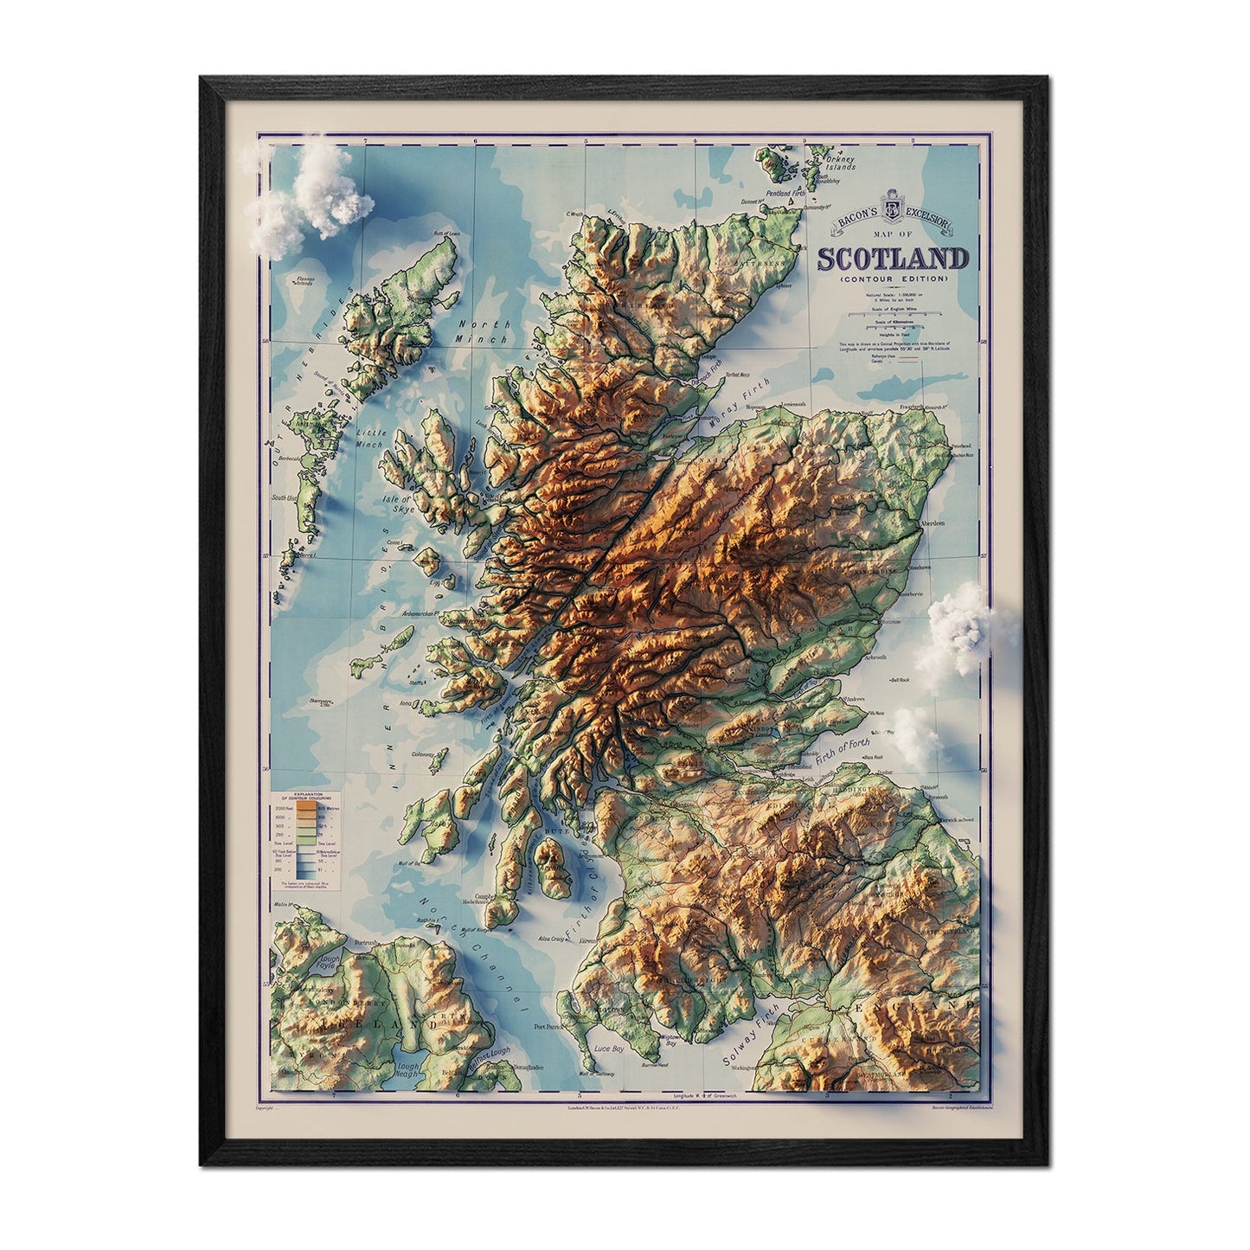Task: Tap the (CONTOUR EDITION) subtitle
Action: tap(893, 279)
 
